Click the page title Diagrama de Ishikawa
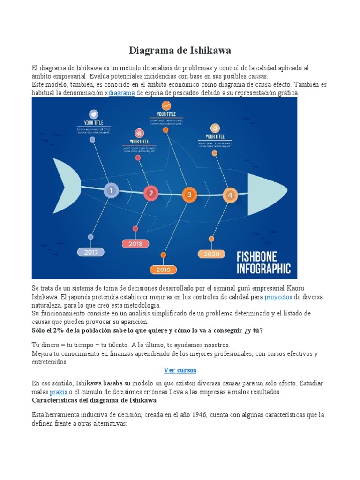(180, 50)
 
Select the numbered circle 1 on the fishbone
(111, 191)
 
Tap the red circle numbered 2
(151, 193)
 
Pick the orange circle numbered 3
(189, 195)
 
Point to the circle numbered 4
(230, 195)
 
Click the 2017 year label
(91, 252)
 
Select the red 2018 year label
(135, 244)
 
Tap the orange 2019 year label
(163, 270)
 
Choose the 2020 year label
(211, 254)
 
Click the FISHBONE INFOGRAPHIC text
(263, 262)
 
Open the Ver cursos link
(180, 370)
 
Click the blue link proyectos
(278, 297)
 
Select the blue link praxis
(59, 391)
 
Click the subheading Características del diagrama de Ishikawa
(94, 400)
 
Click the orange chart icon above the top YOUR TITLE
(166, 106)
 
